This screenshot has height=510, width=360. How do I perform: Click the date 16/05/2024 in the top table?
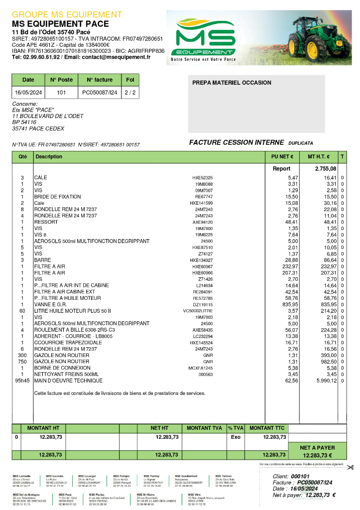28,93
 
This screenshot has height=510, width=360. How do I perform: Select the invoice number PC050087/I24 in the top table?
100,93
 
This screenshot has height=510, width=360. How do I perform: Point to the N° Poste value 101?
61,93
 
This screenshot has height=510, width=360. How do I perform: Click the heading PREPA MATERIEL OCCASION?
232,83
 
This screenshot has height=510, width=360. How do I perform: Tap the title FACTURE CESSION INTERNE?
236,142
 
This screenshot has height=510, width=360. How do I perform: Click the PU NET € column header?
282,157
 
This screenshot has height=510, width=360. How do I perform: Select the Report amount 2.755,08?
326,169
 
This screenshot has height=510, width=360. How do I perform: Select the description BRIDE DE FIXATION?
57,197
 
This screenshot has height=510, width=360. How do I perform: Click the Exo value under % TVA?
236,437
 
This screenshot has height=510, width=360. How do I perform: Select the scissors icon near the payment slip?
350,467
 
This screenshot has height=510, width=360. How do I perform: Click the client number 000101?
300,477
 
